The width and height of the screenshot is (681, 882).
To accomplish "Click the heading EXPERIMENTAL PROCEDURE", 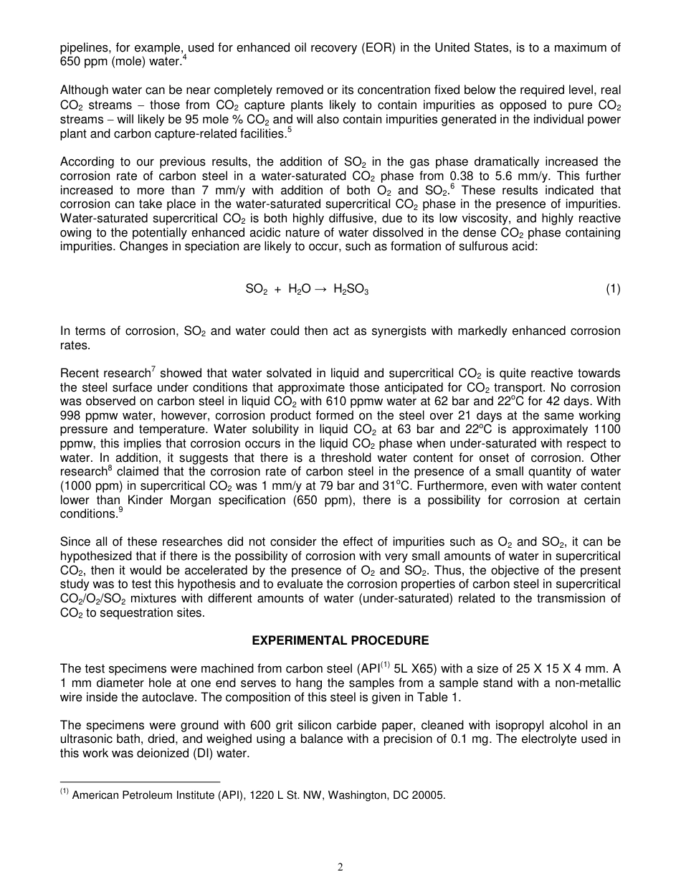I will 340,640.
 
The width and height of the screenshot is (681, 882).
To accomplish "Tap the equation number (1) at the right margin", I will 612,289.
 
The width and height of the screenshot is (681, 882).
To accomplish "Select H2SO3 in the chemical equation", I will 351,289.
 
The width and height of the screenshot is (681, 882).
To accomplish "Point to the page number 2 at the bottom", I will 340,867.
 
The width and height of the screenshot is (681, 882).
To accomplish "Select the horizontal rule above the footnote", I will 140,782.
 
